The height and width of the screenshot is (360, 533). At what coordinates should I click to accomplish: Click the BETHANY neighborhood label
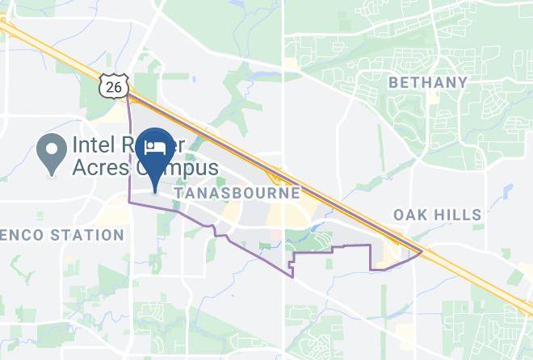coord(428,82)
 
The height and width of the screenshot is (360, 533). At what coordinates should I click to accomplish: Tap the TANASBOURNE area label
coord(237,194)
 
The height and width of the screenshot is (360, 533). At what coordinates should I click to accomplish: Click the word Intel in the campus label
coord(94,146)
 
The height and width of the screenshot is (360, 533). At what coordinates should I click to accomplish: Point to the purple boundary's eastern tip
coord(422,252)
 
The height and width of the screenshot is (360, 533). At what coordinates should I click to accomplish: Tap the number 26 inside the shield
coord(115,86)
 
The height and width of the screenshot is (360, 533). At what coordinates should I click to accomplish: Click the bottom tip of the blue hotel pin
coord(154,192)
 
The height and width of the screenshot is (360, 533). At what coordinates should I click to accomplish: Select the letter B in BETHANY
coord(393,82)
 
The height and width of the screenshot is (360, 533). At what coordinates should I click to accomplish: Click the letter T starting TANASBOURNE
coord(177,194)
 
